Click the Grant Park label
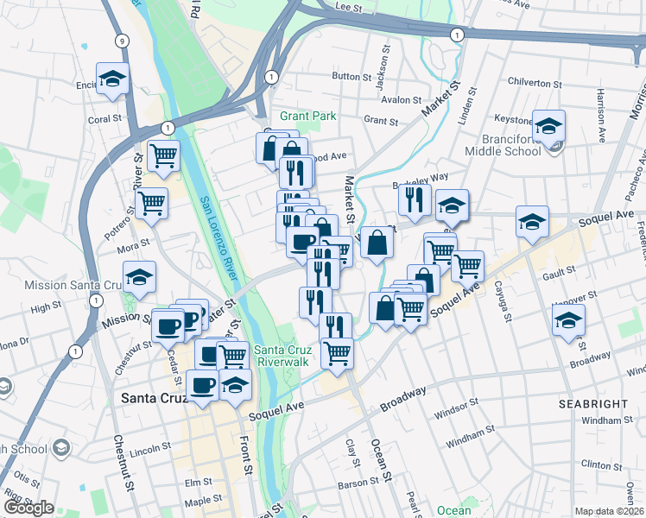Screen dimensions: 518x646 pyautogui.click(x=306, y=116)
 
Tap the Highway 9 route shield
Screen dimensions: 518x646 pyautogui.click(x=122, y=41)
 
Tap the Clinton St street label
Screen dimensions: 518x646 pyautogui.click(x=597, y=464)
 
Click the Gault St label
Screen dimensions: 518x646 pyautogui.click(x=554, y=276)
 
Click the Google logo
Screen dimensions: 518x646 pyautogui.click(x=28, y=508)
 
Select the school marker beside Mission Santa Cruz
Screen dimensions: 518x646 pyautogui.click(x=139, y=278)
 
